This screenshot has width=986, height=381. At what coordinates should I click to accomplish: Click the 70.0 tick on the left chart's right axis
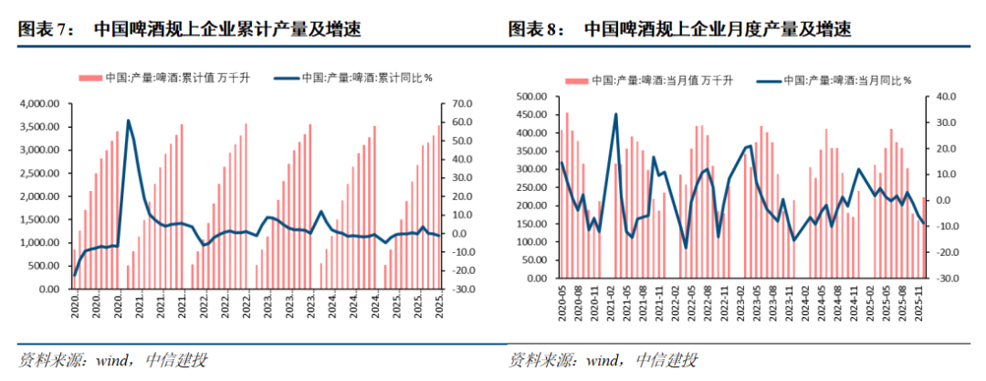click(x=456, y=104)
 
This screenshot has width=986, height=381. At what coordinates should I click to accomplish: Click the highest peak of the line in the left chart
click(x=128, y=121)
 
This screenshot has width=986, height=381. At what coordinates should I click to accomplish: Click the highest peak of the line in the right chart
click(x=616, y=114)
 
